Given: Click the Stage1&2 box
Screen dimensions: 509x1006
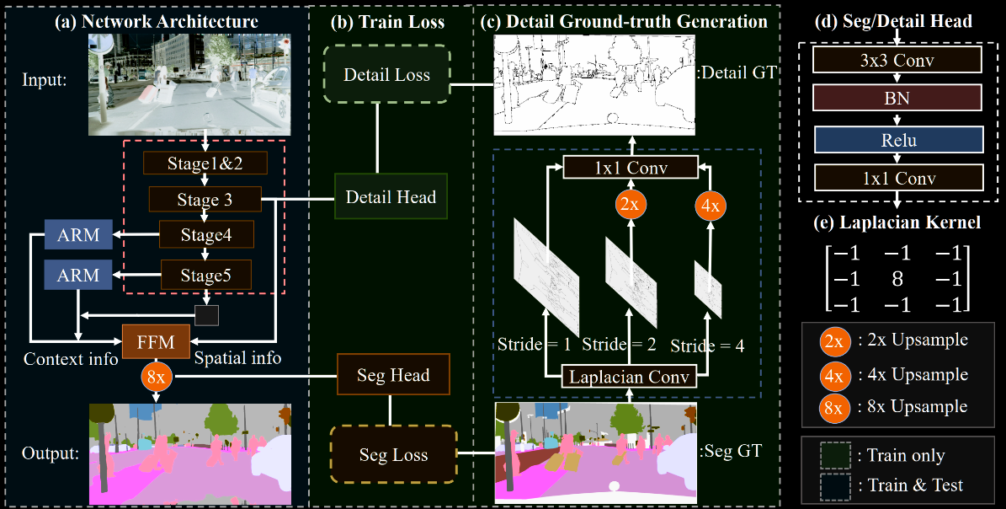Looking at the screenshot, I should pos(205,163).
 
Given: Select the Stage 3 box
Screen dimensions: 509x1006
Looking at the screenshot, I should pos(205,200).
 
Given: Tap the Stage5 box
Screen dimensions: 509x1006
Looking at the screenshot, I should pos(205,275).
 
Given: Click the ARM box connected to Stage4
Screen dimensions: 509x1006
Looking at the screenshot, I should pos(78,236).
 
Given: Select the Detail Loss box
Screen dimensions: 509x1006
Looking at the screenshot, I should pos(386,75).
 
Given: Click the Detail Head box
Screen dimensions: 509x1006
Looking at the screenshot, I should pos(391,197).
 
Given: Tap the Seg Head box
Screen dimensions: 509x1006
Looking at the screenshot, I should pos(393,375).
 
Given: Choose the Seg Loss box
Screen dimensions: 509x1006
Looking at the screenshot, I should pos(393,455).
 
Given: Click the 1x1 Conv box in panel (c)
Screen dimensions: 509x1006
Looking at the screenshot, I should pos(631,168).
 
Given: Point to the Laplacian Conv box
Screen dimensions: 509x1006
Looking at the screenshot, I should pos(629,377).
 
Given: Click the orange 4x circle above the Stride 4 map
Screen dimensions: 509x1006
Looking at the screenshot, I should pos(709,204).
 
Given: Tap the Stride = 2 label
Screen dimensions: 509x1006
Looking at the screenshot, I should pos(619,344).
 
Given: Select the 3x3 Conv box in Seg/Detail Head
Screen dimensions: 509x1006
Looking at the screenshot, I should pos(897,61).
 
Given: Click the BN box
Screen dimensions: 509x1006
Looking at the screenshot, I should pos(897,99).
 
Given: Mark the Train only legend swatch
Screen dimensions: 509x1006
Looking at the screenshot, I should pos(833,455).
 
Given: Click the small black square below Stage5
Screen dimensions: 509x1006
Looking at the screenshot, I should pos(206,315).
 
